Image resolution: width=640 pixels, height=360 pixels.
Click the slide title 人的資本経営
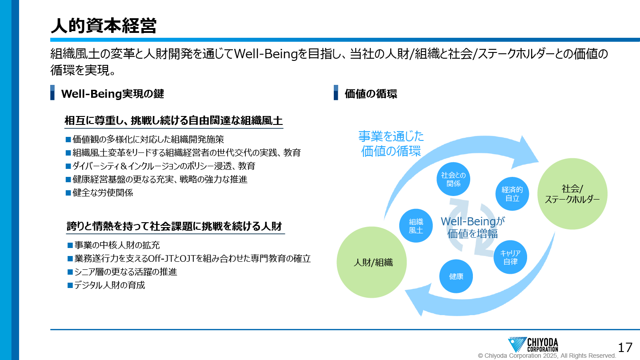click(x=104, y=26)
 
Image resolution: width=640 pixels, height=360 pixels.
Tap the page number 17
click(x=625, y=348)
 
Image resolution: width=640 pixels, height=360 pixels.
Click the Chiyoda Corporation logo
click(x=533, y=344)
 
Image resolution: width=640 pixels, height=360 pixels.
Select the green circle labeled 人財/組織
click(x=372, y=262)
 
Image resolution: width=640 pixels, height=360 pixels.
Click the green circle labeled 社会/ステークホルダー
click(x=572, y=194)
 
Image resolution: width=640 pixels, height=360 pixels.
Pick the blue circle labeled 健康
click(x=456, y=276)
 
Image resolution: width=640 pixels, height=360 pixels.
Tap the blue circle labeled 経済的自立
click(x=512, y=194)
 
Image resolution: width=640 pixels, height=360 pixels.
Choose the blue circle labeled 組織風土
click(x=416, y=226)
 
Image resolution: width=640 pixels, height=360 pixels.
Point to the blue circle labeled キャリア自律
click(x=510, y=257)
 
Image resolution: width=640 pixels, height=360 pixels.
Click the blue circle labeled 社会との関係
click(x=453, y=179)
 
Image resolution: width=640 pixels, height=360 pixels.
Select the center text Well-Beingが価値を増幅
click(x=472, y=228)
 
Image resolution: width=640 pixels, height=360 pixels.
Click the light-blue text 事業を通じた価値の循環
click(x=391, y=144)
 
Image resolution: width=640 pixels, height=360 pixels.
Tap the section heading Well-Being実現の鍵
click(x=112, y=94)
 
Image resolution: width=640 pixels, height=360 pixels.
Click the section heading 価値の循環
click(x=371, y=94)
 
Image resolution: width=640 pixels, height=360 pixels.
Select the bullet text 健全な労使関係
click(x=103, y=193)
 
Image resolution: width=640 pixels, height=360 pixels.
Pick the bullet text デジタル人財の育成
click(x=110, y=285)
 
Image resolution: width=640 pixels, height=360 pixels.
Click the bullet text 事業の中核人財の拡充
click(x=117, y=245)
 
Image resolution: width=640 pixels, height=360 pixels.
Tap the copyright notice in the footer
click(x=547, y=356)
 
